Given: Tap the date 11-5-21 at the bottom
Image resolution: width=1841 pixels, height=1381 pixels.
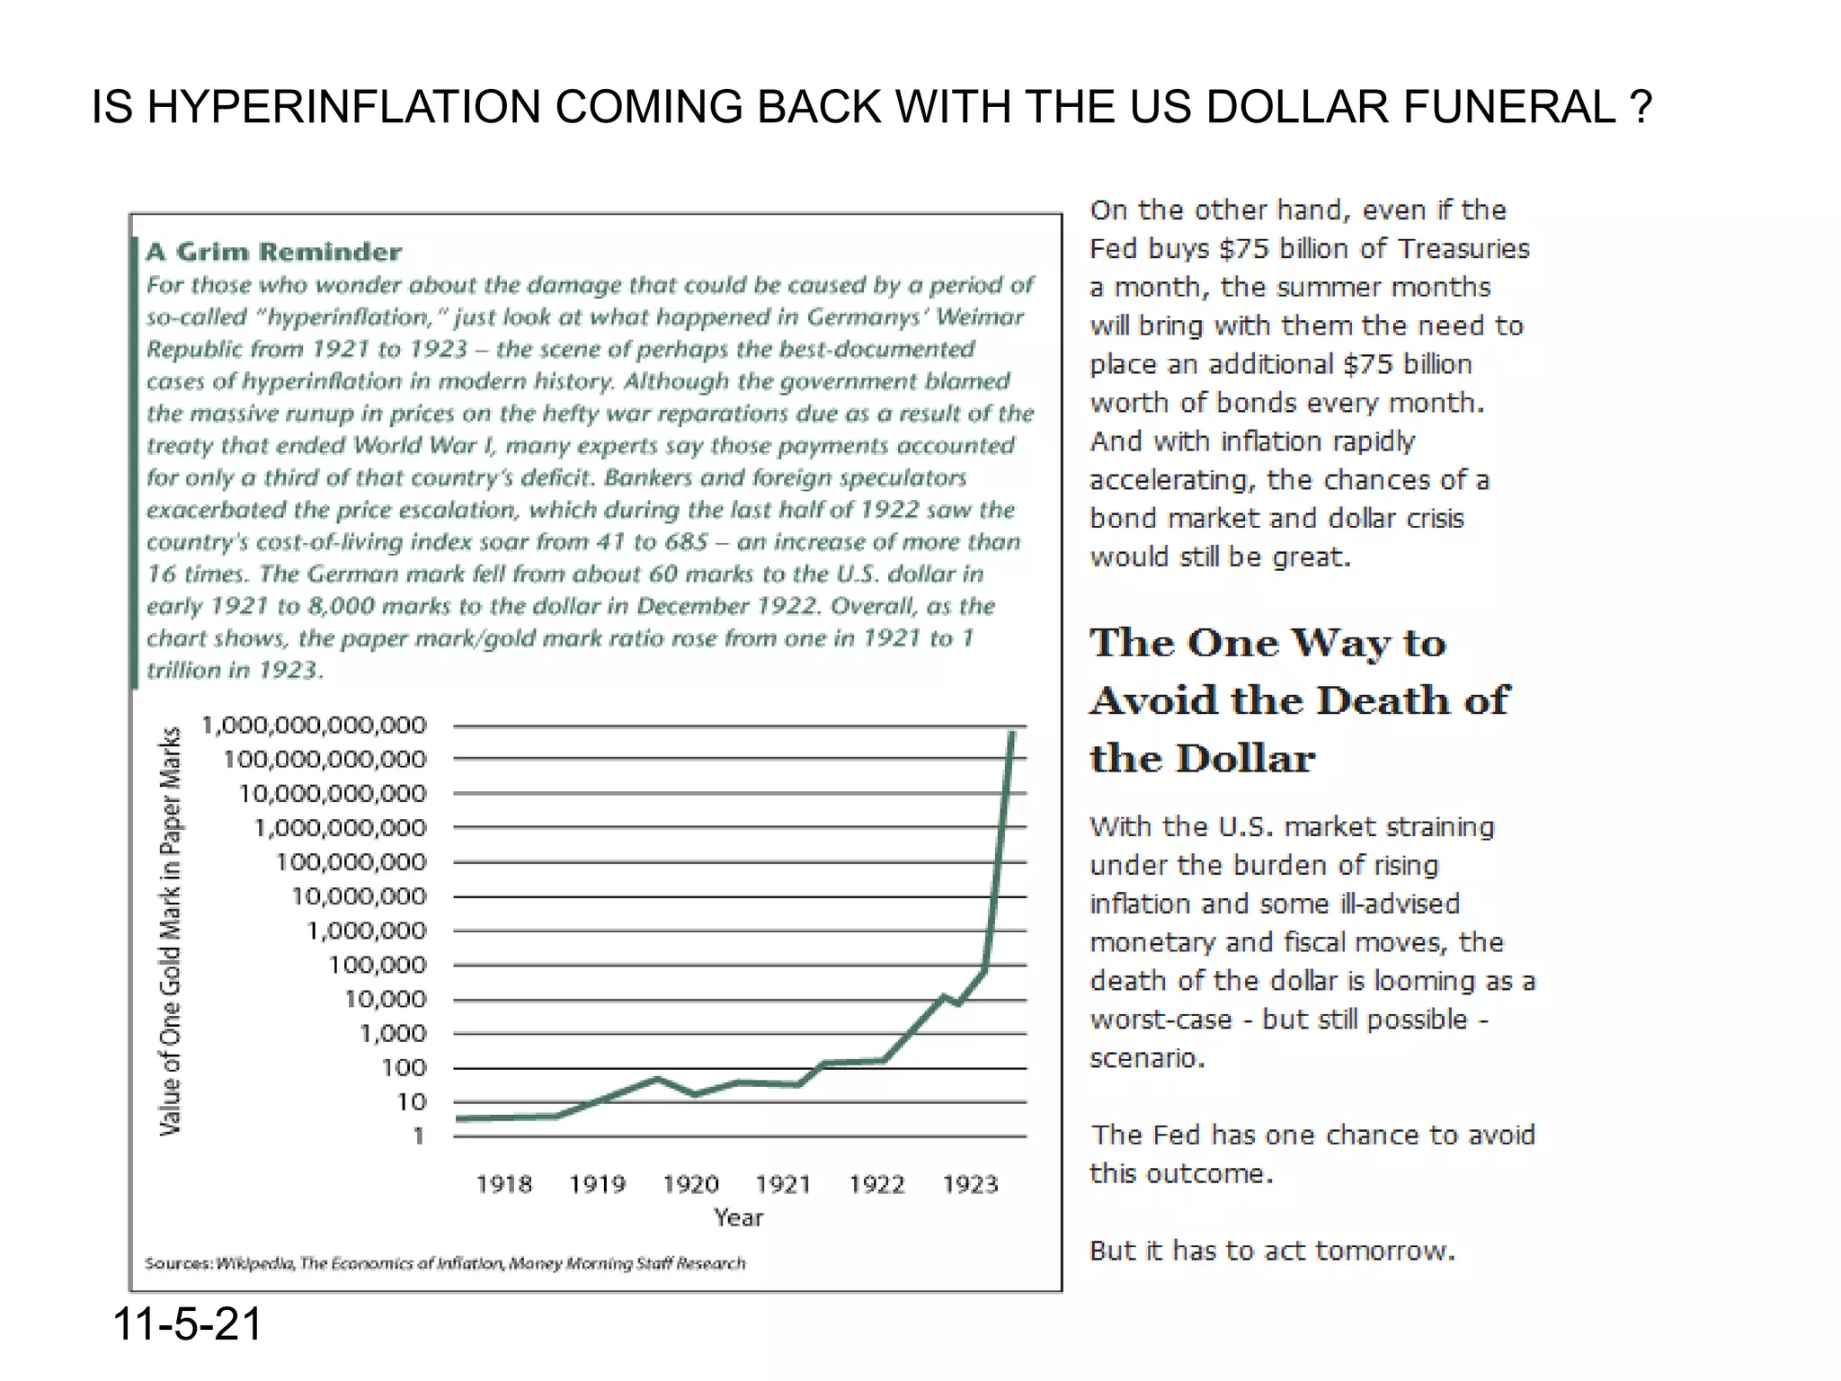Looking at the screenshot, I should point(187,1323).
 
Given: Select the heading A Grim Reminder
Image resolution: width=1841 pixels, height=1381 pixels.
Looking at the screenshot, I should point(273,252).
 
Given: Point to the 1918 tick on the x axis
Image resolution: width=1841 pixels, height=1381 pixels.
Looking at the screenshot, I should point(503,1184).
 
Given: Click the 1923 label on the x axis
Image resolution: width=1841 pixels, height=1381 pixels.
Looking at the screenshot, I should point(970,1184).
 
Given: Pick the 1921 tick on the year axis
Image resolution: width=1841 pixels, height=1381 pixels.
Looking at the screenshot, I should point(783,1184).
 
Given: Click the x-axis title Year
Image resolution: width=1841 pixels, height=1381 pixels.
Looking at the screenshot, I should point(738,1217).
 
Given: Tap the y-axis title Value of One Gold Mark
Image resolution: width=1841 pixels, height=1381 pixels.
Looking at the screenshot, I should point(171,931).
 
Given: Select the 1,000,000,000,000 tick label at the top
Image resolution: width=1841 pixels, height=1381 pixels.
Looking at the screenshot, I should point(314,725).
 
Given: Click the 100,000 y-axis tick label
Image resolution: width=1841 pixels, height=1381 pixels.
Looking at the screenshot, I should point(378,965).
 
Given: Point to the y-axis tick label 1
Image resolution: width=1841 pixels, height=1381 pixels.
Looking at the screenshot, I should point(418,1136).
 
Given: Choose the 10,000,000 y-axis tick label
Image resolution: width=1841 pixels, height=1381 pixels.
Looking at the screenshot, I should point(359,896).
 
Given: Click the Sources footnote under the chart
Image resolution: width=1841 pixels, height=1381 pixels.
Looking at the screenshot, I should point(445,1263).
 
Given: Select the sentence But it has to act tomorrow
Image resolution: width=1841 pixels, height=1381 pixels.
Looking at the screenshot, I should point(1272,1251).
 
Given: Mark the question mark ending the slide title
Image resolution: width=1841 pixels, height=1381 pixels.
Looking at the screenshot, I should point(1641,107).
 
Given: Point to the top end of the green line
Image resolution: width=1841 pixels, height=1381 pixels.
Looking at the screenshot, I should point(1013,734).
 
